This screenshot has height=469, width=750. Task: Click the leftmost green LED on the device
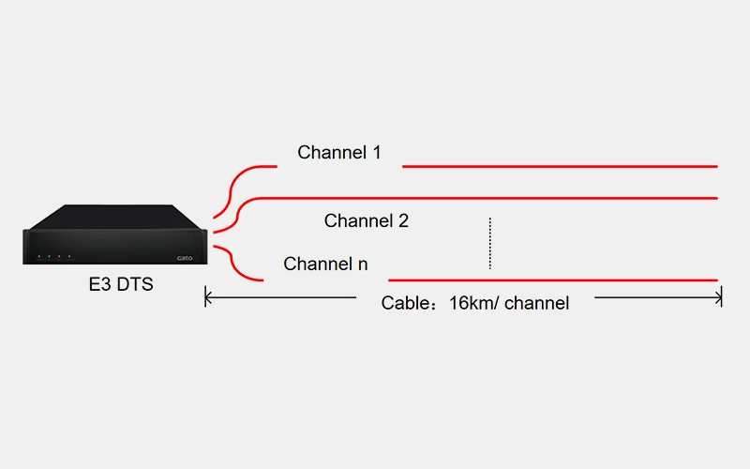tap(38, 256)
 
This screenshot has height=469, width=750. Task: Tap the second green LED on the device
tap(49, 256)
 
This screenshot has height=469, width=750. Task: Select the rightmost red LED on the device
tap(69, 256)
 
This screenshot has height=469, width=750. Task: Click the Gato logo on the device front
tap(184, 258)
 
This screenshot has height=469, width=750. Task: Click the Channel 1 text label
tap(339, 152)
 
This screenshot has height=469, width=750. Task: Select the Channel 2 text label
tap(367, 221)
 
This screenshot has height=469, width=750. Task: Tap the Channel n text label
tap(325, 265)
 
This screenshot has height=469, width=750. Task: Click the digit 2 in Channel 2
tap(403, 221)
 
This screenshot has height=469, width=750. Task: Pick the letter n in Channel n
tap(362, 265)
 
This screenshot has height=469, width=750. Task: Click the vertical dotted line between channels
tap(489, 243)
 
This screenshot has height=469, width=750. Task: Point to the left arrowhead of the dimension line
tap(208, 298)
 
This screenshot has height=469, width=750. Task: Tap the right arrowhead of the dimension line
tap(719, 298)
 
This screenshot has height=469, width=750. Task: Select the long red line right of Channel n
tap(553, 280)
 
